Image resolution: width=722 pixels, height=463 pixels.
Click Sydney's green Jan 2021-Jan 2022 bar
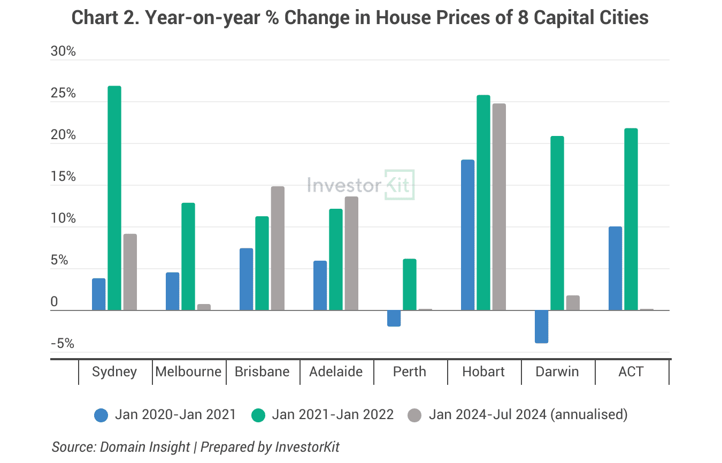(114, 198)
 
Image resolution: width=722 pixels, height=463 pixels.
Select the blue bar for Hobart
(467, 235)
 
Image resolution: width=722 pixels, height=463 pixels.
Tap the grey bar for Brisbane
(278, 248)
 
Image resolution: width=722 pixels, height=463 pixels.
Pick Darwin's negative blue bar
(541, 327)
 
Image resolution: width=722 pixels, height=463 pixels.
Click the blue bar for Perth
(394, 318)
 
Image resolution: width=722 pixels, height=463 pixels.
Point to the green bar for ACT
(631, 219)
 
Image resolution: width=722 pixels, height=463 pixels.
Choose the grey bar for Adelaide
(351, 254)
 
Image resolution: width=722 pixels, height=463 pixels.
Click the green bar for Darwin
(557, 223)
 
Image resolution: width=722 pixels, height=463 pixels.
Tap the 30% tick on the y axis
(63, 52)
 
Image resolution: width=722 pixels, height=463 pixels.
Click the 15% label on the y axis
(63, 177)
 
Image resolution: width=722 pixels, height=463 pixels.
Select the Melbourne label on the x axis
(188, 371)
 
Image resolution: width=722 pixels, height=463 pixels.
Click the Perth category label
(409, 371)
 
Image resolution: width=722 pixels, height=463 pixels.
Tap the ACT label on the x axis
(631, 371)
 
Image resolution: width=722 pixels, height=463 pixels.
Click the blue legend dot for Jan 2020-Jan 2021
(101, 415)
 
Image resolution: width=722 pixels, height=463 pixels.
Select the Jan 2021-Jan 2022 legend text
(333, 414)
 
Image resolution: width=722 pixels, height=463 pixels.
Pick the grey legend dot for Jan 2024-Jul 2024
(415, 415)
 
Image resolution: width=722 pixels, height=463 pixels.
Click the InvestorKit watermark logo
(361, 185)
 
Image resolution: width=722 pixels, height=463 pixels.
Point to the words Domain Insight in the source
(144, 447)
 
